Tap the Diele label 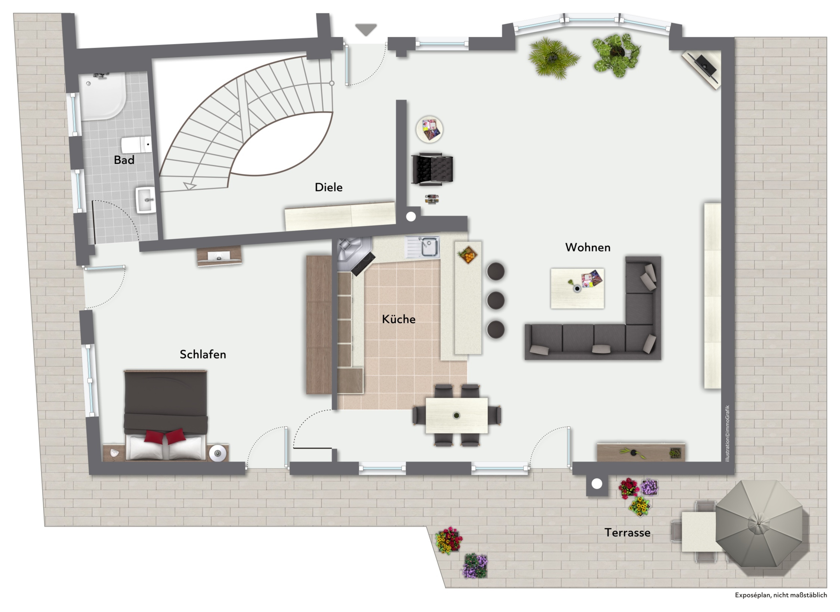point(329,187)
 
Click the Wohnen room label point(588,247)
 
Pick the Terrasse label point(627,533)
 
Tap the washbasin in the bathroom point(146,200)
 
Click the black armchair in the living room point(432,169)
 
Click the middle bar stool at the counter point(496,300)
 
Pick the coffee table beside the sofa point(577,288)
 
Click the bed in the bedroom point(165,415)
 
